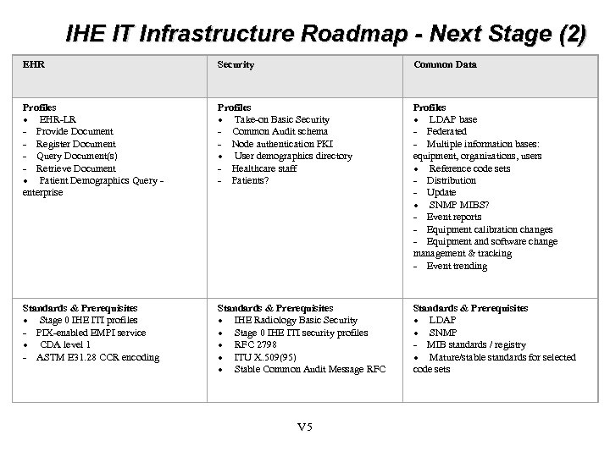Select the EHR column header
(33, 64)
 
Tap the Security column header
(236, 64)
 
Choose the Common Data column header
(445, 64)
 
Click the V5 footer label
(305, 426)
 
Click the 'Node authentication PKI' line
(282, 144)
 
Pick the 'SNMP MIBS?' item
(458, 205)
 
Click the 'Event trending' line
(457, 266)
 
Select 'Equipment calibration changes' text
(490, 229)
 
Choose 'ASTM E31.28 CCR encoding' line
(97, 357)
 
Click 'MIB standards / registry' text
(476, 344)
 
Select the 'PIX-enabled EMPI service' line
(91, 333)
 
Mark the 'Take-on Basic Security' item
(281, 119)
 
